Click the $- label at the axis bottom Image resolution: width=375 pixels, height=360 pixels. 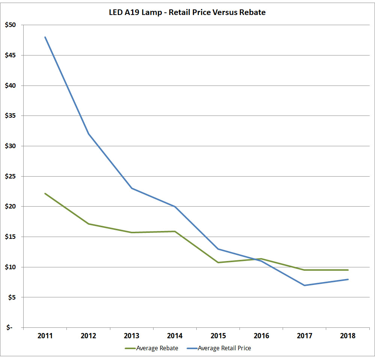(x=9, y=328)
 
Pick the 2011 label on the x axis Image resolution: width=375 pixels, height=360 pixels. (x=45, y=336)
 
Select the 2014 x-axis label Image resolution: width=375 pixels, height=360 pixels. (x=175, y=336)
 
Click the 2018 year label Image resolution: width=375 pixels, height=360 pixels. (x=348, y=336)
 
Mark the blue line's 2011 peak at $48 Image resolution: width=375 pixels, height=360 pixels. (x=45, y=37)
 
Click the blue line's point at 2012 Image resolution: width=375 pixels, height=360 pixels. (x=89, y=134)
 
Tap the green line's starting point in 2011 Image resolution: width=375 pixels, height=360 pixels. (x=45, y=193)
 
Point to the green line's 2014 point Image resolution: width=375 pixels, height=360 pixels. (x=175, y=231)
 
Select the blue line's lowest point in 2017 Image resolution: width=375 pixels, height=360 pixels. (x=305, y=285)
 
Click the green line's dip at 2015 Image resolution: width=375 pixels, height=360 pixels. (x=218, y=262)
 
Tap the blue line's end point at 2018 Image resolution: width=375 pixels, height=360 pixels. (x=348, y=279)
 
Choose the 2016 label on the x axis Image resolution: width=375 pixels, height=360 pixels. (x=262, y=336)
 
